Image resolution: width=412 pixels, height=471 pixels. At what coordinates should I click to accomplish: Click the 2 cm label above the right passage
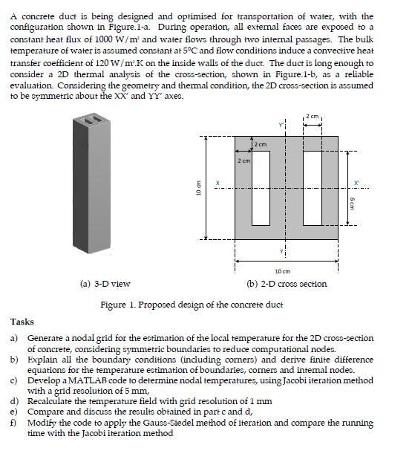point(313,117)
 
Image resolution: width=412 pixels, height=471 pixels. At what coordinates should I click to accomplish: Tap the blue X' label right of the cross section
point(356,183)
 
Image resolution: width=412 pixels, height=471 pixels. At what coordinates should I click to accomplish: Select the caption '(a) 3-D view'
point(105,284)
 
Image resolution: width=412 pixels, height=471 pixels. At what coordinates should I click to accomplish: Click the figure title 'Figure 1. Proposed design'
point(192,305)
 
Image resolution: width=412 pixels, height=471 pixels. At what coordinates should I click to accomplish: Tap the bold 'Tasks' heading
point(22,322)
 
